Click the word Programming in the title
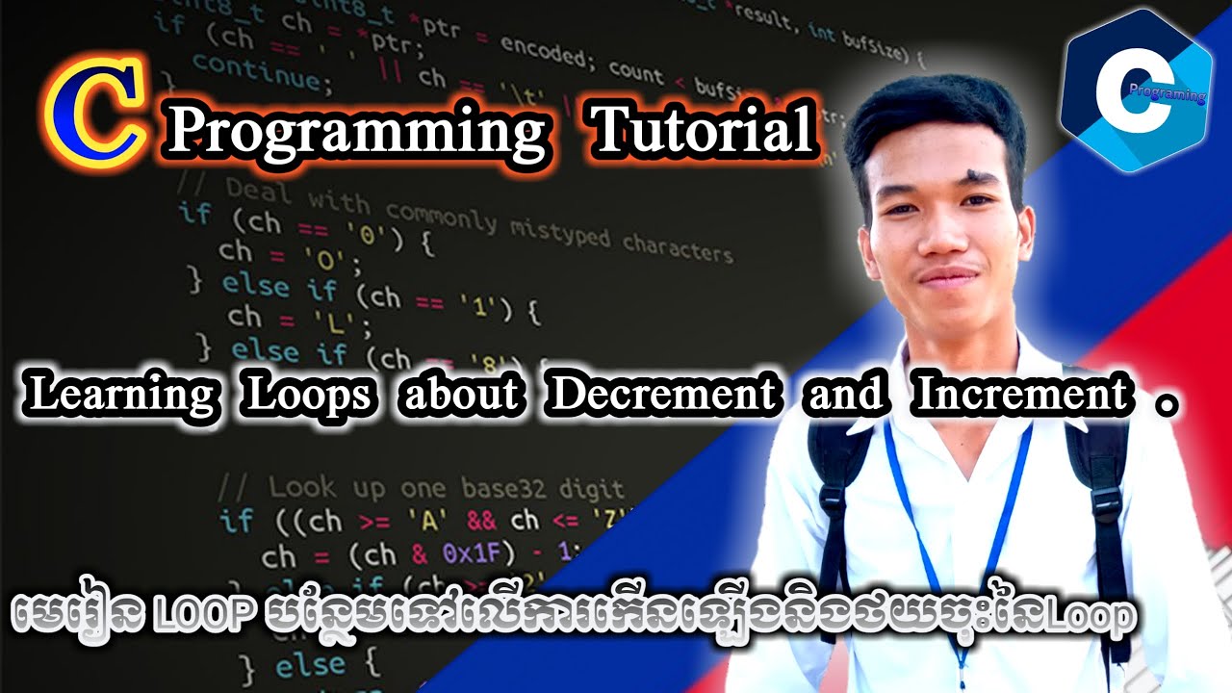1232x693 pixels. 356,133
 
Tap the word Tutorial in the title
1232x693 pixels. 704,130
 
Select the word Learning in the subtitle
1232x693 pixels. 120,396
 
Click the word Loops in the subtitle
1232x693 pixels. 307,396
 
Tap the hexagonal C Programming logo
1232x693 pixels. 1136,92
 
